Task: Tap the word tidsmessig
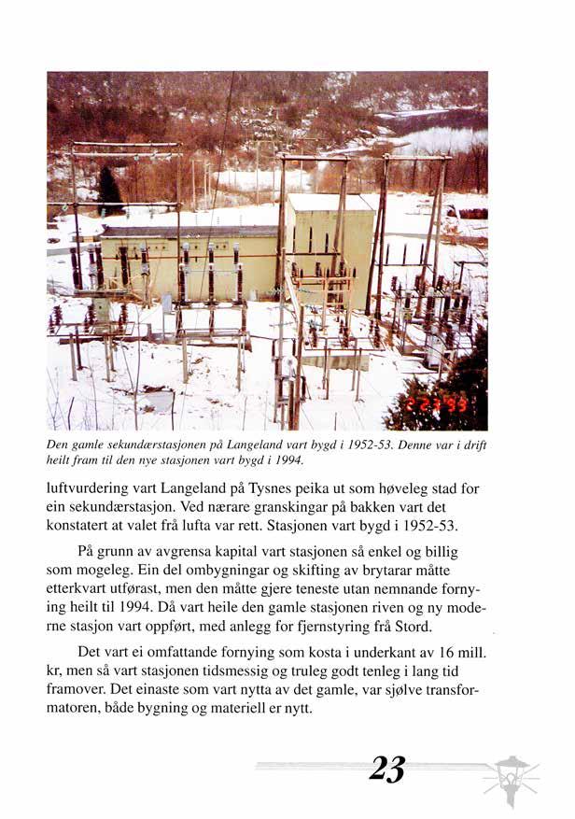[x=277, y=670]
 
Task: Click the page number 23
[x=386, y=769]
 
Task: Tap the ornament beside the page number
[x=512, y=775]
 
